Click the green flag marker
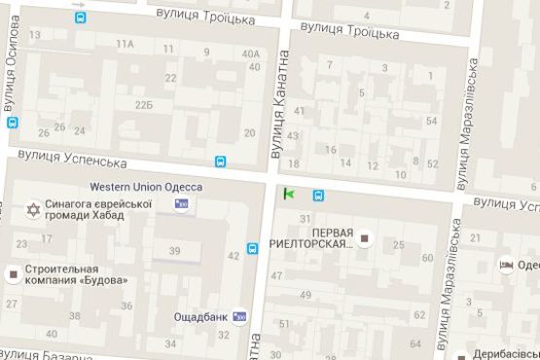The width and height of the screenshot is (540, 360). tap(289, 194)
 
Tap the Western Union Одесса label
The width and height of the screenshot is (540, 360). tap(146, 187)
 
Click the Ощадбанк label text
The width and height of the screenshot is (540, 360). tap(199, 316)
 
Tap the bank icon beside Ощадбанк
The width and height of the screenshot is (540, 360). tap(239, 316)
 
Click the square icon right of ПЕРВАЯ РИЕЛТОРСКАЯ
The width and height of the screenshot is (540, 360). tap(366, 237)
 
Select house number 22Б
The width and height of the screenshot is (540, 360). tap(144, 104)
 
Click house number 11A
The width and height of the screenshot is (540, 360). tap(125, 45)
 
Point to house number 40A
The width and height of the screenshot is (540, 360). tap(251, 54)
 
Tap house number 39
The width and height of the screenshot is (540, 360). tap(174, 251)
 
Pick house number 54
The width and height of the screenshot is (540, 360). tap(432, 121)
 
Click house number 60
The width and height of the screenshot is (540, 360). tap(428, 258)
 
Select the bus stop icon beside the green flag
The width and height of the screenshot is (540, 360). tap(318, 194)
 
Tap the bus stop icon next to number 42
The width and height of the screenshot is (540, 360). tap(253, 249)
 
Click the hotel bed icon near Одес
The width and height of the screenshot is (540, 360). tap(506, 264)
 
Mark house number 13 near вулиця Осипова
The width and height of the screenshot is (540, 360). tap(35, 35)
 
